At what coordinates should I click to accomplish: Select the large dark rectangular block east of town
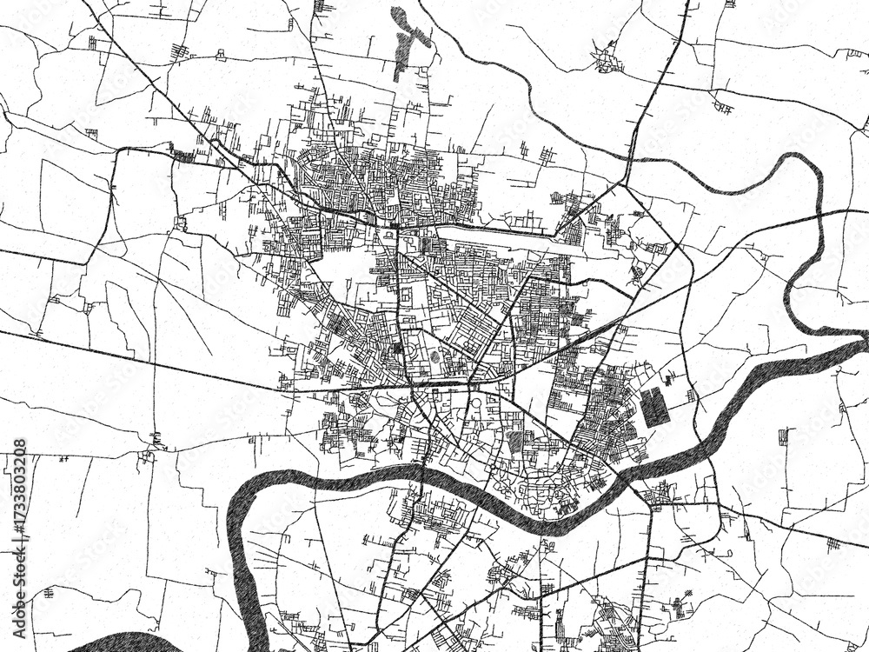[656, 407]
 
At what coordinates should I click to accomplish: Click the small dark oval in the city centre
[434, 356]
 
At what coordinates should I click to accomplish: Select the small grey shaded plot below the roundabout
[516, 443]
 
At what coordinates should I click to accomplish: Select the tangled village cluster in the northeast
[606, 61]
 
